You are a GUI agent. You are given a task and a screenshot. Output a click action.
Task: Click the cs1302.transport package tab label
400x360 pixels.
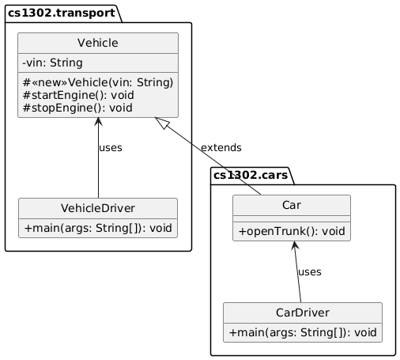point(61,13)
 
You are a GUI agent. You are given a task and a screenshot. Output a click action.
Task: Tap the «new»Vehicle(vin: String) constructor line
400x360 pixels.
point(98,82)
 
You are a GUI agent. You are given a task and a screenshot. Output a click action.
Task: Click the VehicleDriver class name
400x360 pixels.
point(98,208)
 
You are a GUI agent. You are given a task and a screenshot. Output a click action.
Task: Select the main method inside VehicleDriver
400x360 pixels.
point(98,228)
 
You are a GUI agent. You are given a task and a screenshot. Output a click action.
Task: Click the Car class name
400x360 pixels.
point(291,205)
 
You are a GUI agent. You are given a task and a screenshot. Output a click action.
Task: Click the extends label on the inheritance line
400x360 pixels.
point(221,148)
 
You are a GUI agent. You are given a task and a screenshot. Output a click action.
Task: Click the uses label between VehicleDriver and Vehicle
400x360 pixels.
point(111,148)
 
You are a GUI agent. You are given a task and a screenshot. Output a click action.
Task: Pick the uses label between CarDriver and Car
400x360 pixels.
point(310,271)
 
